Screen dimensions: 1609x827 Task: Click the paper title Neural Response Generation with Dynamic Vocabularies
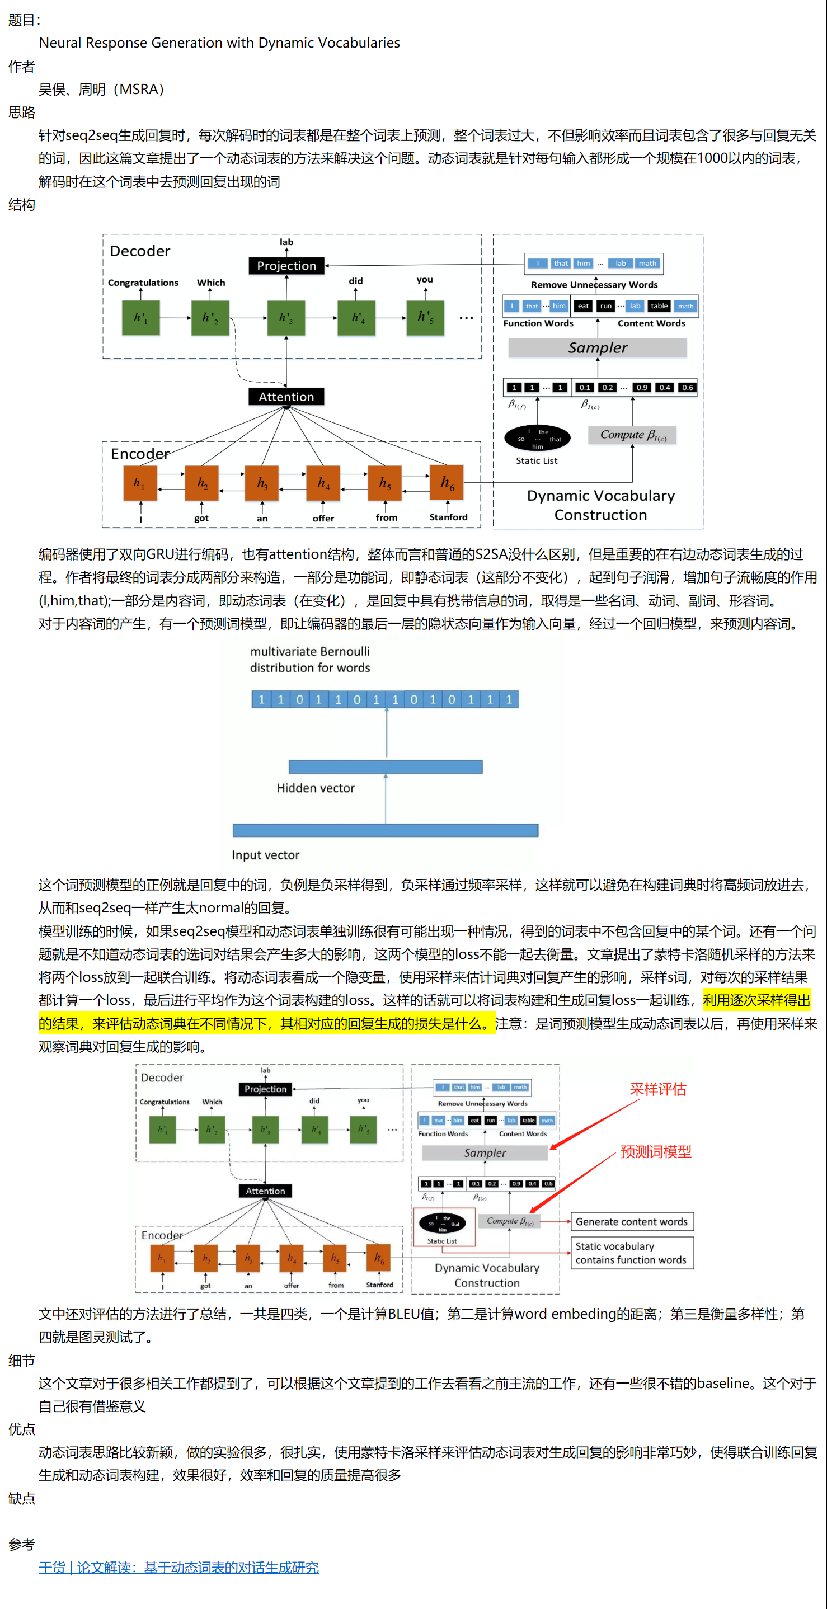[x=219, y=43]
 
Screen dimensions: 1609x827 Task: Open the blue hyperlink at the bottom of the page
[x=178, y=1567]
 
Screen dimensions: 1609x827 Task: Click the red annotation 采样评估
[x=657, y=1089]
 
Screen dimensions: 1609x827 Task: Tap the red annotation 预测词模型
[x=656, y=1152]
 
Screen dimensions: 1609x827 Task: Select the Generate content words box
[x=632, y=1222]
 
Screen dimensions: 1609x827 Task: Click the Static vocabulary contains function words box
[x=632, y=1253]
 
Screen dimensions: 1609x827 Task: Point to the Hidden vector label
[x=316, y=788]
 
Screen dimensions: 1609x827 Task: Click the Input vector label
[x=265, y=855]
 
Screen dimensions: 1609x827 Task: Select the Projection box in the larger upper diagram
[x=286, y=265]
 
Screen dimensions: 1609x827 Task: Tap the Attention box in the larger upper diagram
[x=286, y=397]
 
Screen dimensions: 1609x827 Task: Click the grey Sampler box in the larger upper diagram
[x=598, y=348]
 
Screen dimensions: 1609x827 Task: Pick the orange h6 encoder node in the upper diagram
[x=447, y=483]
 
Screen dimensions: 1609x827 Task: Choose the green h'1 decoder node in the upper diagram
[x=140, y=318]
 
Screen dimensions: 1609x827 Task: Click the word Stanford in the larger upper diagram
[x=449, y=517]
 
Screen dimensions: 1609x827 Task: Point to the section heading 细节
[x=22, y=1360]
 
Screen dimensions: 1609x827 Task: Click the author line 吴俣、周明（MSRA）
[x=101, y=90]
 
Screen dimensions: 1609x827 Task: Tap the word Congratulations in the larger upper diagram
[x=143, y=283]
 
